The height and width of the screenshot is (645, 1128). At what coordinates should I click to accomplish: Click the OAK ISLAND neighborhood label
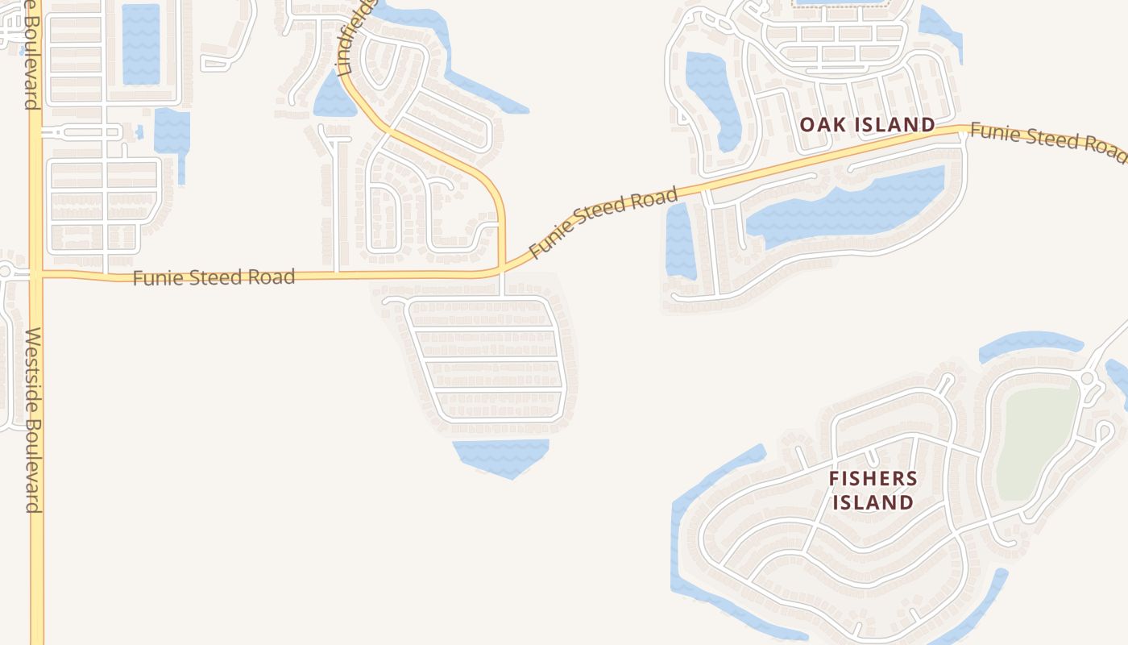[x=867, y=125]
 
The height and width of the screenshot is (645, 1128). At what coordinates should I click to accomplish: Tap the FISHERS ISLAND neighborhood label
[x=873, y=490]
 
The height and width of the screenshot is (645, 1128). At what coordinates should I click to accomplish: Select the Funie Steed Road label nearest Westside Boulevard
[x=214, y=277]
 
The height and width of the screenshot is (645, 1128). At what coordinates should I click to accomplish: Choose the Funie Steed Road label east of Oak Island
[x=1047, y=138]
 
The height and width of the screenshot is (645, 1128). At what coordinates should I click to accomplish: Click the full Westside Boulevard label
[x=33, y=419]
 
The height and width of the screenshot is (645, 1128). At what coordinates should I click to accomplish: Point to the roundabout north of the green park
[x=1087, y=378]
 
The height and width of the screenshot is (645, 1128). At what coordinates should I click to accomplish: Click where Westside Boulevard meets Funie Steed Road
[x=35, y=274]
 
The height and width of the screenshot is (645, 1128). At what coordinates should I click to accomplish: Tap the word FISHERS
[x=873, y=478]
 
